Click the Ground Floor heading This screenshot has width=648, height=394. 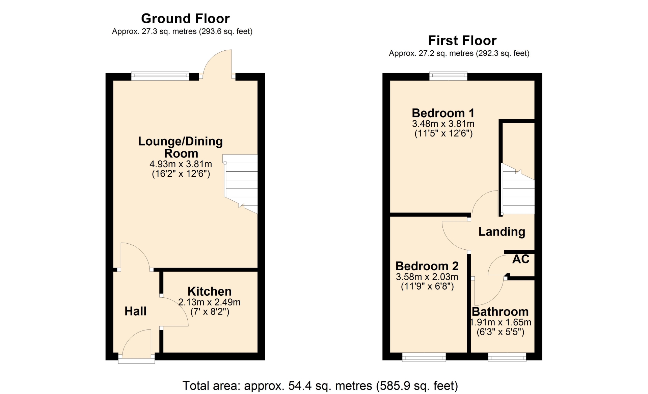click(185, 18)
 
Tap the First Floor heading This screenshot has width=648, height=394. click(462, 41)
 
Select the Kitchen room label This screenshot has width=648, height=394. click(210, 291)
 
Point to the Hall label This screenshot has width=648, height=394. click(135, 311)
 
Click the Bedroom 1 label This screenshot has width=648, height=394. click(443, 113)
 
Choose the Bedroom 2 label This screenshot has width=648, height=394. click(427, 266)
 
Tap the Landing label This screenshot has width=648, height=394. click(502, 232)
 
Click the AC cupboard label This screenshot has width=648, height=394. click(521, 259)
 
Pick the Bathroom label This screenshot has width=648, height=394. click(500, 312)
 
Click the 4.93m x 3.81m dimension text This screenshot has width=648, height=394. click(181, 164)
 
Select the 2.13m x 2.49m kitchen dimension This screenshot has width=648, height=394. click(209, 302)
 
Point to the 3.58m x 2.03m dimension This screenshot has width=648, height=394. click(427, 277)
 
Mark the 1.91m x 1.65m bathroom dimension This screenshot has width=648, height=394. click(501, 322)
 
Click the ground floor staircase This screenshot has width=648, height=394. click(241, 183)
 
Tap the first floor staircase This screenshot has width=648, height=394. click(518, 189)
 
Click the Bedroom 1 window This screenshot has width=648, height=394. click(448, 76)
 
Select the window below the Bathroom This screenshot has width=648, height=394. click(507, 357)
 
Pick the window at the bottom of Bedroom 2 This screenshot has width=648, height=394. click(424, 357)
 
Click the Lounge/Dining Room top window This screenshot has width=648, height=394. click(160, 76)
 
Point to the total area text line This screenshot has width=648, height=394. click(320, 386)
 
